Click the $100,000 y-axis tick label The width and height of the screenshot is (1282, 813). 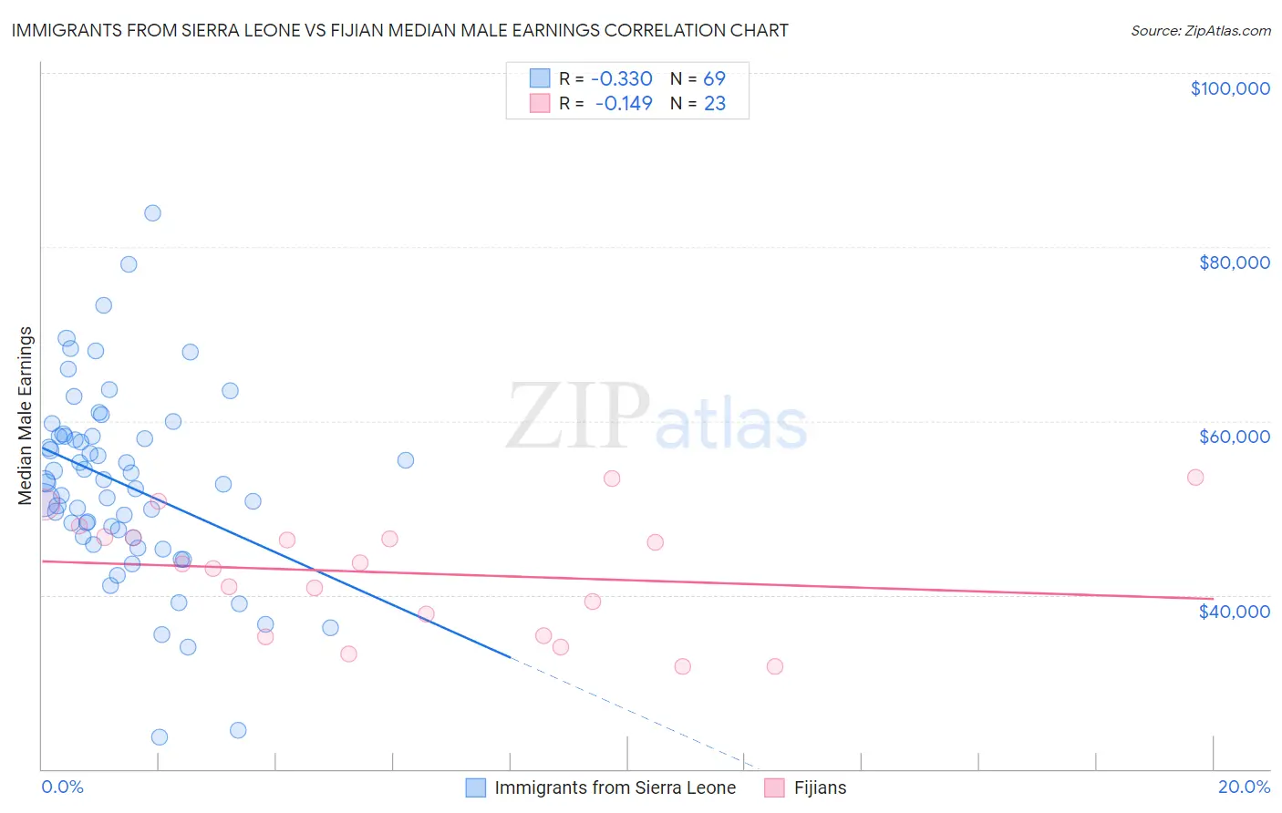(1229, 88)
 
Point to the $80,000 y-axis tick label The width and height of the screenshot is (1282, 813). (1234, 262)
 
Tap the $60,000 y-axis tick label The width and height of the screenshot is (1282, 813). (1234, 437)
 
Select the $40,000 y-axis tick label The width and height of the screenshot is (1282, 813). (1234, 611)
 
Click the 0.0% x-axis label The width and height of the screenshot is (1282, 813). (62, 787)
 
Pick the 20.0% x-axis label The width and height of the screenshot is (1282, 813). (1244, 787)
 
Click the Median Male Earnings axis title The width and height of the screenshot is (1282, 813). (26, 416)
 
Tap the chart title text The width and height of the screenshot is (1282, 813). (399, 30)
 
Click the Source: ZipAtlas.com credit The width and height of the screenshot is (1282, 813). (1200, 30)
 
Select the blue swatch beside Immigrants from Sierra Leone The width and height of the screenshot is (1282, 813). (475, 787)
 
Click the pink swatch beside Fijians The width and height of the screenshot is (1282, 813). (774, 787)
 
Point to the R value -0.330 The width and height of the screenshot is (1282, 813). (622, 78)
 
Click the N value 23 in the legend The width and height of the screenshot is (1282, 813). (714, 103)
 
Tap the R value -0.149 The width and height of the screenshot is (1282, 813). (624, 103)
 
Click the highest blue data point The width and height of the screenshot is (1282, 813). (152, 212)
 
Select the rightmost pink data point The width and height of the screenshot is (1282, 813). (1195, 477)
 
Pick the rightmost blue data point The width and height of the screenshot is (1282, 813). (406, 460)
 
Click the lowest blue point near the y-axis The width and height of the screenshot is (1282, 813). (159, 736)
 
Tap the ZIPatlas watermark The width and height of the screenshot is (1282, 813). (657, 417)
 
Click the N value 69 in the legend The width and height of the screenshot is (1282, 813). (714, 78)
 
